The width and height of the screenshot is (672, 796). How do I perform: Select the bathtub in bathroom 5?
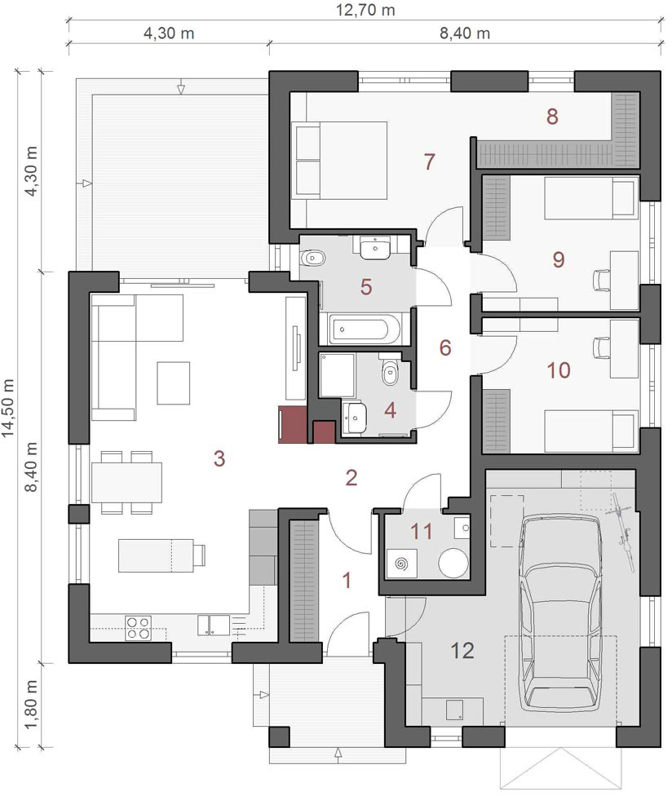pyautogui.click(x=364, y=329)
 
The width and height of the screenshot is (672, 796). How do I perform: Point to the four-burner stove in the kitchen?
pyautogui.click(x=138, y=627)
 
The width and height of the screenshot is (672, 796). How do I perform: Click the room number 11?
pyautogui.click(x=422, y=532)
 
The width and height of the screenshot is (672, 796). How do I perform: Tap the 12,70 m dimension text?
pyautogui.click(x=365, y=10)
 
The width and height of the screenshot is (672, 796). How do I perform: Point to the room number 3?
pyautogui.click(x=219, y=458)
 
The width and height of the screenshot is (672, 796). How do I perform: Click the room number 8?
pyautogui.click(x=552, y=117)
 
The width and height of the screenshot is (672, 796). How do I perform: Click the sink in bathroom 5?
pyautogui.click(x=375, y=248)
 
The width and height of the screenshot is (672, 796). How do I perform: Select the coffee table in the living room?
pyautogui.click(x=173, y=383)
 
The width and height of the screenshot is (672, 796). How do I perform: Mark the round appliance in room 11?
pyautogui.click(x=453, y=563)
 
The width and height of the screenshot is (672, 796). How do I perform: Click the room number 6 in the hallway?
pyautogui.click(x=445, y=347)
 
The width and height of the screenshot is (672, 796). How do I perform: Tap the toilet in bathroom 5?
pyautogui.click(x=312, y=258)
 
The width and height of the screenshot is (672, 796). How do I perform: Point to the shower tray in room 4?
pyautogui.click(x=337, y=376)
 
